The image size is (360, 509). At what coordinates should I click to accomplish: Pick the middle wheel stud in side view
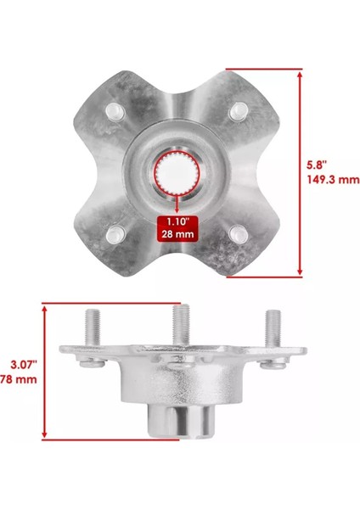point(180,322)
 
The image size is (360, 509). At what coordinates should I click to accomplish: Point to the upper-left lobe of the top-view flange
point(110,102)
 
